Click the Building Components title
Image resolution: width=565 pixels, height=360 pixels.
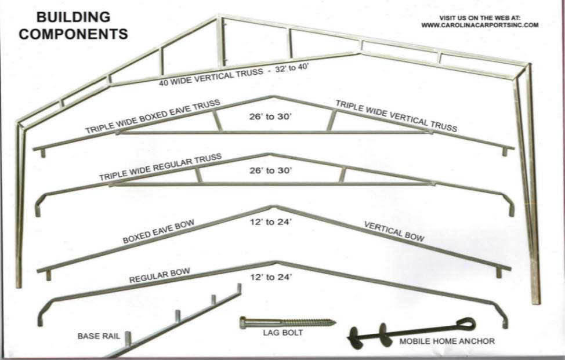74,26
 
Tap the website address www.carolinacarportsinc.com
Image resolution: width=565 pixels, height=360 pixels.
480,25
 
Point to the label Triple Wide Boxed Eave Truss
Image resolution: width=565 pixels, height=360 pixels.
153,117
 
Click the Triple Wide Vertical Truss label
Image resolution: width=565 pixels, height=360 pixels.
396,116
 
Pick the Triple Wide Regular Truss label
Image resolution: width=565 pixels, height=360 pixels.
160,167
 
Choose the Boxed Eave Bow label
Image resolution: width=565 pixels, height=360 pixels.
158,231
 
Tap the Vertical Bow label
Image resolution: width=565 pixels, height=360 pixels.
394,231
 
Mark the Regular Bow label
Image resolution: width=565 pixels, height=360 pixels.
160,275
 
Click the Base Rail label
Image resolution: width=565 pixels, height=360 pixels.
99,336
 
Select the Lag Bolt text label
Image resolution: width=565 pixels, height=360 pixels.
282,333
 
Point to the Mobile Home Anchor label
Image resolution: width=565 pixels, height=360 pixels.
447,341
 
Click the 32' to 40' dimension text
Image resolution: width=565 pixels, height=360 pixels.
292,68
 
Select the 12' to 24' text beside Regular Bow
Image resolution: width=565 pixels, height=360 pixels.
271,277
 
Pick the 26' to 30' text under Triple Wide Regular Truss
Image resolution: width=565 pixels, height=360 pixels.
271,170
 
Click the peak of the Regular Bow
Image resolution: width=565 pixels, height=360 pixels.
276,263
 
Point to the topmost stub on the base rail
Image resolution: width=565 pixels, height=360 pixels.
239,288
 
